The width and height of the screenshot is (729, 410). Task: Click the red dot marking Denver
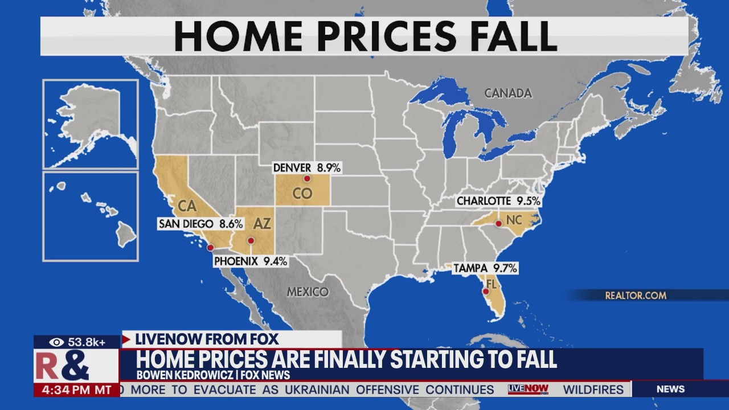306,178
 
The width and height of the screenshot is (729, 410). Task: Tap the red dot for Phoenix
251,240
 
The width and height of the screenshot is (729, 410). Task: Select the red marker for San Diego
210,247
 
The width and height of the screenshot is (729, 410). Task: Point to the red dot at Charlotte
498,223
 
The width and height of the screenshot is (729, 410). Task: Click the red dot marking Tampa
485,291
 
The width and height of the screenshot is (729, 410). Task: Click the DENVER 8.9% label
306,167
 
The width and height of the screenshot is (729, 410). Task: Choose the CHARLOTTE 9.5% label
498,201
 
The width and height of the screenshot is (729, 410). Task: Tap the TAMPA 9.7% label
485,268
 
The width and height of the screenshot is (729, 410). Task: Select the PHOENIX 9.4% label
251,261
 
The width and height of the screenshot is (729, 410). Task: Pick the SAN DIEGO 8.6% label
200,224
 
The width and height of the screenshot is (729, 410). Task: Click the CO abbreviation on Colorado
302,194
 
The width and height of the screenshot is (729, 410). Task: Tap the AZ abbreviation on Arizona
262,224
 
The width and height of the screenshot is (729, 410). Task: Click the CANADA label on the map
508,93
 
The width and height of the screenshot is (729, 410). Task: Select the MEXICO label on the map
308,292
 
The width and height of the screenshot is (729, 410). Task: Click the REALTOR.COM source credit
635,295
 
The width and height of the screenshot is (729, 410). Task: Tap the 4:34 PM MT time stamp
76,390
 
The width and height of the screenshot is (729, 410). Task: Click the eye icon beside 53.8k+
56,342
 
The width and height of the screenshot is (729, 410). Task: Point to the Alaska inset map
91,124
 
